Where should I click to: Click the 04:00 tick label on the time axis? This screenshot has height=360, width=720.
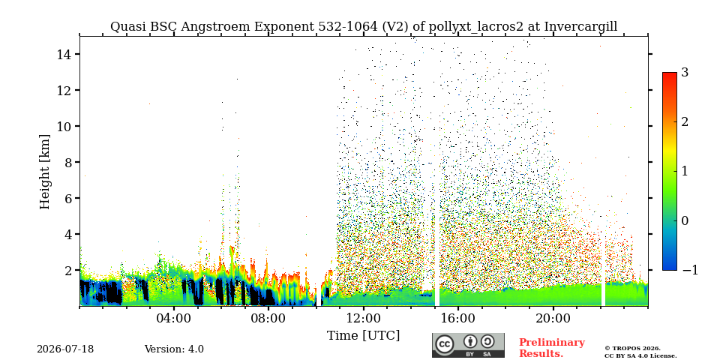[174, 319]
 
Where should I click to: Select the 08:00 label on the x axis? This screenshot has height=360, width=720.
[268, 319]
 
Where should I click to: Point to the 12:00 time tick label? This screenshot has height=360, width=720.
[363, 319]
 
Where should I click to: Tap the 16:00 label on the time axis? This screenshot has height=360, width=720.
[457, 319]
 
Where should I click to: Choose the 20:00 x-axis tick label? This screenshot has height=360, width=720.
[553, 319]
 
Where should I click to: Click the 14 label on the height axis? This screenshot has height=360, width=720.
[63, 54]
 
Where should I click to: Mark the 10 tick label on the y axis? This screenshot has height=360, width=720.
[63, 126]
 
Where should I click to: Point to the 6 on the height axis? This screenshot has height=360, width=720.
[67, 198]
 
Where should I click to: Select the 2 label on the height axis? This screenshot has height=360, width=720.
[67, 271]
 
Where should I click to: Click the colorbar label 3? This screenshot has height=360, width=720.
[685, 72]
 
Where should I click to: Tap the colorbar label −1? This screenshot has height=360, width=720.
[690, 271]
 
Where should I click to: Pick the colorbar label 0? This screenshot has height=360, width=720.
[685, 220]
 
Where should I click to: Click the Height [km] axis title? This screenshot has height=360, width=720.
[44, 172]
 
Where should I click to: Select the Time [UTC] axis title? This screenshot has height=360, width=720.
[363, 336]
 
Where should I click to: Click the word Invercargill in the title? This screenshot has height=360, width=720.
[580, 27]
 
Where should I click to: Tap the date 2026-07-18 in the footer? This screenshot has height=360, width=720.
[65, 349]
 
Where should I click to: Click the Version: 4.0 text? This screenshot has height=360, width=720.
[174, 349]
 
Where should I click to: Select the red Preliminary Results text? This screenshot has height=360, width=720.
[552, 348]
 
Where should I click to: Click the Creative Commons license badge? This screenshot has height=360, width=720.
[468, 345]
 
